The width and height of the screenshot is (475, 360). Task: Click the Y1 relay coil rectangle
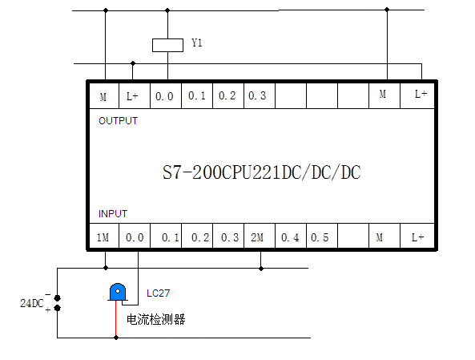(x=167, y=45)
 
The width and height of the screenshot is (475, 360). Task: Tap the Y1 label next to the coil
(x=197, y=42)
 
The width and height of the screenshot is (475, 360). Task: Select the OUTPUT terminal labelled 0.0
(x=165, y=96)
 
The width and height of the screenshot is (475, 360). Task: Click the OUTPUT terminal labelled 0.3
(x=259, y=96)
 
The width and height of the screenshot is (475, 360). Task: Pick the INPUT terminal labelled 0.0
(x=135, y=237)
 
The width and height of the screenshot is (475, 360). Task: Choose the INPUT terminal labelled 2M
(x=260, y=237)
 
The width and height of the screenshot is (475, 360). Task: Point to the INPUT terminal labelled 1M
(x=104, y=237)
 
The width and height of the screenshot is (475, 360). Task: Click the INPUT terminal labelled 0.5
(x=322, y=237)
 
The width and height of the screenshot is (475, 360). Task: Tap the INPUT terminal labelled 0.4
(x=291, y=237)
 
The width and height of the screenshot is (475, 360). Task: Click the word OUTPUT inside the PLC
(x=118, y=121)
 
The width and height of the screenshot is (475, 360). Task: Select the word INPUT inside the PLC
(x=113, y=214)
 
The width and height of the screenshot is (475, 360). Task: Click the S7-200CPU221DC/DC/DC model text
(x=261, y=172)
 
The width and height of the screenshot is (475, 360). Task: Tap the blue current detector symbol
(x=117, y=292)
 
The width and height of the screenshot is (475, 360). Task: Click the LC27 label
(x=158, y=293)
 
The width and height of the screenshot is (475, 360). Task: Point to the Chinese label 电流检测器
(x=155, y=319)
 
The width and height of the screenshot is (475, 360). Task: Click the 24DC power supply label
(x=32, y=303)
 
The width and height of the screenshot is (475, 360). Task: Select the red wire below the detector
(x=116, y=319)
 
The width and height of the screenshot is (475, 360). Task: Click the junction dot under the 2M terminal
(x=261, y=269)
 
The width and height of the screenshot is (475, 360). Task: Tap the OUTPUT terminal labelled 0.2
(x=228, y=96)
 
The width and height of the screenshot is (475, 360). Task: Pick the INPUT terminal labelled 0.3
(x=228, y=237)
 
